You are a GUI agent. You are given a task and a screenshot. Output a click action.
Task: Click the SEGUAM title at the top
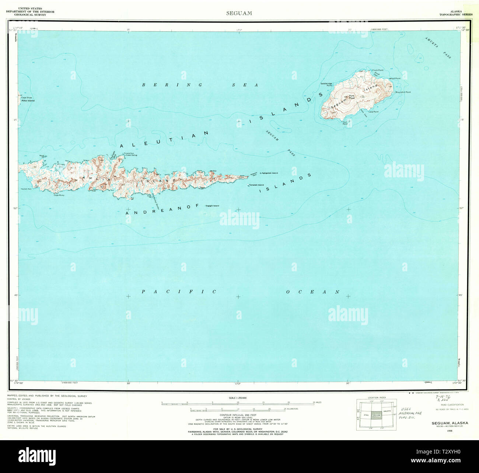click(x=239, y=13)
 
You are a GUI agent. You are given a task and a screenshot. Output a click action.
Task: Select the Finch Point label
click(x=378, y=70)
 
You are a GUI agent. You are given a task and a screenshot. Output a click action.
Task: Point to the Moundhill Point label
click(x=403, y=92)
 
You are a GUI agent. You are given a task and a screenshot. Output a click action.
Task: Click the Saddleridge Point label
click(x=326, y=84)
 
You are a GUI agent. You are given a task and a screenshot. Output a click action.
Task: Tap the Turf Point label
click(x=345, y=123)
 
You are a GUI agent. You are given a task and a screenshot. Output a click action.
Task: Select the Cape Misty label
click(x=59, y=195)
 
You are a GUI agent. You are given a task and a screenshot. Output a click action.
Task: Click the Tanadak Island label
click(x=256, y=185)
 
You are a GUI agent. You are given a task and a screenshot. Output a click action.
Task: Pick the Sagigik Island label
click(x=212, y=205)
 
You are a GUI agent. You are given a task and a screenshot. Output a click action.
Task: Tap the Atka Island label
click(x=28, y=101)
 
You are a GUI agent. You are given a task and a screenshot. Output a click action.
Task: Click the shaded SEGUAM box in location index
click(x=376, y=415)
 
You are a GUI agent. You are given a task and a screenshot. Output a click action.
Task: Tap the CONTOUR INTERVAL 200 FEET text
click(x=237, y=415)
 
